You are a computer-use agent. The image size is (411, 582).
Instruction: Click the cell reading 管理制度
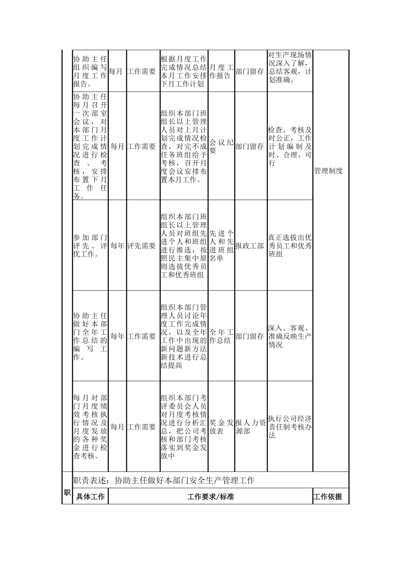(x=328, y=171)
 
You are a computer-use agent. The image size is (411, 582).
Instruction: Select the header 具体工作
(x=90, y=497)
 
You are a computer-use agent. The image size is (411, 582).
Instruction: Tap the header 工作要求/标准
(x=210, y=497)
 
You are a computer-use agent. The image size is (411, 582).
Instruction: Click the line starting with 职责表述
(x=164, y=480)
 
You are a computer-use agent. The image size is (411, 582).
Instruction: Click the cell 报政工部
(x=250, y=246)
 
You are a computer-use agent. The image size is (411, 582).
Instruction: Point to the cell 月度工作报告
(x=221, y=71)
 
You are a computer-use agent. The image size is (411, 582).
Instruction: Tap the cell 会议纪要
(x=221, y=146)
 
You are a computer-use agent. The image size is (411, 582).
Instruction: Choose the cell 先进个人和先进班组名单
(x=221, y=246)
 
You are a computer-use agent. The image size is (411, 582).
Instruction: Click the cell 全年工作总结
(x=221, y=336)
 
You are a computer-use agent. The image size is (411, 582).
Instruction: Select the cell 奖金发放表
(x=221, y=427)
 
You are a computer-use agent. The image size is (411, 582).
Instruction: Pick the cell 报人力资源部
(x=250, y=427)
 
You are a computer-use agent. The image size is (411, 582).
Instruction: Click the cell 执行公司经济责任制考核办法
(x=289, y=427)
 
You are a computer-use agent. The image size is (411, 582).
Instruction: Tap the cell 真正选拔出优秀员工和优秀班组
(x=289, y=246)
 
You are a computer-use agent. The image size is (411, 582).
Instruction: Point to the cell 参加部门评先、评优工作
(x=90, y=246)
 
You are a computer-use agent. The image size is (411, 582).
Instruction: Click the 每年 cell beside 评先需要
(x=117, y=246)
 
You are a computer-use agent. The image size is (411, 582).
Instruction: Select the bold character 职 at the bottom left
(x=67, y=493)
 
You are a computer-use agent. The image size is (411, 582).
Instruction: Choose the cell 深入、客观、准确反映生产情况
(x=289, y=336)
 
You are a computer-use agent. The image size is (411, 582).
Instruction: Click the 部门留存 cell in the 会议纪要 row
(x=250, y=146)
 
